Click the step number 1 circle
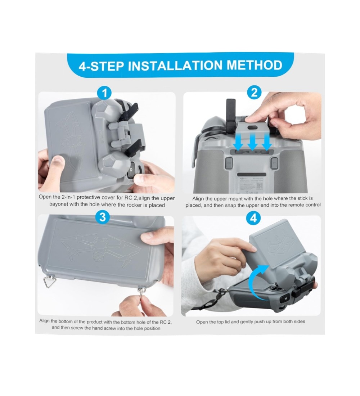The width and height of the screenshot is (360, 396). [x=104, y=93]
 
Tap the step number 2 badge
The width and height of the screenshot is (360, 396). [x=254, y=93]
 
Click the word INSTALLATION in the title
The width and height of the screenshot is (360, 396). [x=176, y=66]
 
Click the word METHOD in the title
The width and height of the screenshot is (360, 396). [x=255, y=65]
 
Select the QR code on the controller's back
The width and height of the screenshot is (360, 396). [x=260, y=186]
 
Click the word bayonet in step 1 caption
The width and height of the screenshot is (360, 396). [x=58, y=204]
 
